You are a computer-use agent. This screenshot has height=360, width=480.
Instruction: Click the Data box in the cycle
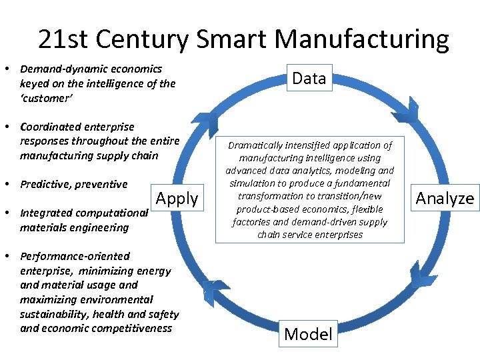tap(309, 79)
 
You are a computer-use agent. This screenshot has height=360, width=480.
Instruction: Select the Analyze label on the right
tap(445, 198)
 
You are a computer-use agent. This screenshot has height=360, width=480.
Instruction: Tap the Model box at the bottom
tap(308, 333)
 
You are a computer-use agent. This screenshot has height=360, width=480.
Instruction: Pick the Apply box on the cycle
tap(177, 198)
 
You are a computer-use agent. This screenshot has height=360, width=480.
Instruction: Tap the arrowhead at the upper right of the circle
tap(405, 114)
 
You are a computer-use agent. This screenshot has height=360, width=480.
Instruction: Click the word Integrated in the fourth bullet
tap(46, 213)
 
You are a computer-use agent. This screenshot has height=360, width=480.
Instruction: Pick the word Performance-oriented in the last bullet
tap(75, 256)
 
